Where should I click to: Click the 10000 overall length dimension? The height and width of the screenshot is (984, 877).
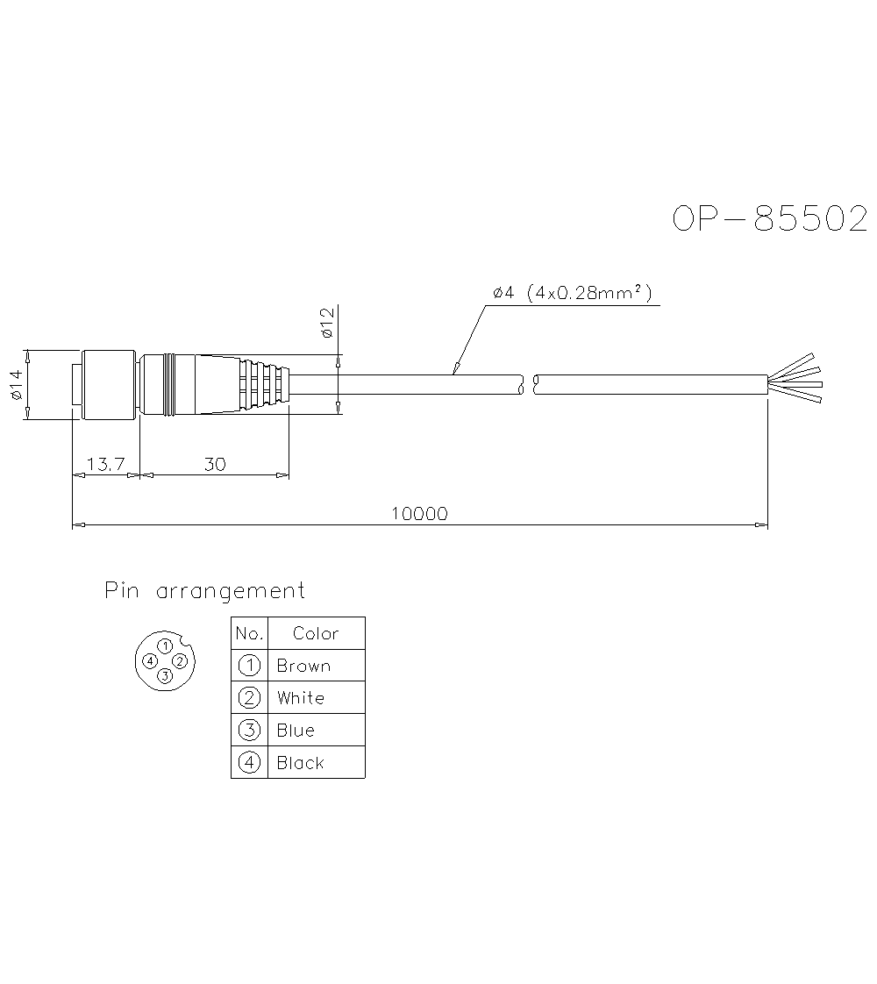coord(418,514)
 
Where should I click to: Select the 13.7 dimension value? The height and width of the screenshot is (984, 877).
coord(106,464)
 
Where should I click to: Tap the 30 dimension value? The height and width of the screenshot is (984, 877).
coord(215,464)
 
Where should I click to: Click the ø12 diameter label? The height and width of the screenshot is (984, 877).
coord(326,324)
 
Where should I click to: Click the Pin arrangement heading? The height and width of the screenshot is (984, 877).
coord(205,591)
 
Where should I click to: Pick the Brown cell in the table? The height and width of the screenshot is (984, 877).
coord(303,666)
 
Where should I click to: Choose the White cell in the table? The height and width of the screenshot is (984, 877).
coord(301,698)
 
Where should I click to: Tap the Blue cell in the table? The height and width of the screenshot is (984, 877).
coord(296,731)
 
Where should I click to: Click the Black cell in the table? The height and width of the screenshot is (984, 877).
coord(300,763)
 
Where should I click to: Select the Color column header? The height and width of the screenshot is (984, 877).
coord(316,633)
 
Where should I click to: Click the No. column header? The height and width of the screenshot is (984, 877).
coord(249,633)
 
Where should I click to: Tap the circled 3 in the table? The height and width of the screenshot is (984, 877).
coord(250,731)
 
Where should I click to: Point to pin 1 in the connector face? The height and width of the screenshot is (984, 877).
coord(164,647)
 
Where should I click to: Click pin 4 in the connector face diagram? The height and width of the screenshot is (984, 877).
coord(151,660)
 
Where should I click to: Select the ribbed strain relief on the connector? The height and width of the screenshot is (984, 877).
coord(263,383)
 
